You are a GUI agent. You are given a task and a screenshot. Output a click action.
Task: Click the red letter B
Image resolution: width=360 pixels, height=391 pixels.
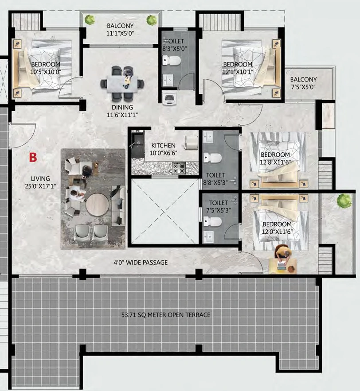pos(33,158)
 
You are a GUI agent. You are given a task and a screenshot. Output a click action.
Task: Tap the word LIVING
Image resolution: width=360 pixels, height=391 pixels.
pos(40,178)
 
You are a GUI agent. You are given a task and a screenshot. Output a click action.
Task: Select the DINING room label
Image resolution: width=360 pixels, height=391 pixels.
pos(122,108)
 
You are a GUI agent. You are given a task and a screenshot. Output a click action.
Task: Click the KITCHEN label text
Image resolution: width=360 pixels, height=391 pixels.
pos(163,145)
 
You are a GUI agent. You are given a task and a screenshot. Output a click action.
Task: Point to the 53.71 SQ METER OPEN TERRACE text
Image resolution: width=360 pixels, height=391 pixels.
pos(166,315)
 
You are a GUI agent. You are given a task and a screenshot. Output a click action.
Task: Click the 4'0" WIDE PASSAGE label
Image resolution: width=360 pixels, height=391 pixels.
pos(141,262)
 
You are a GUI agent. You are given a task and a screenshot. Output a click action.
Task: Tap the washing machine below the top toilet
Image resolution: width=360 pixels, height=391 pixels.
pos(168,97)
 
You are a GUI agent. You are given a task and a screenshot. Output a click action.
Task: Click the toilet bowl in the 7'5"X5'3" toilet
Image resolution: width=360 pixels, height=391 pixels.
pos(213,221)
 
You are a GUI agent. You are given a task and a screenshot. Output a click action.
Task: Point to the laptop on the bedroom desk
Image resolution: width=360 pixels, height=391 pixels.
pos(282,266)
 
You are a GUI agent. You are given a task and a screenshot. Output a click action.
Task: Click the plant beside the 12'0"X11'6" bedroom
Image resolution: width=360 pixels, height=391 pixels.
pos(344,201)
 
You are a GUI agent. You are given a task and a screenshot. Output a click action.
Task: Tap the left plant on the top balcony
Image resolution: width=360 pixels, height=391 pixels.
pos(90,19)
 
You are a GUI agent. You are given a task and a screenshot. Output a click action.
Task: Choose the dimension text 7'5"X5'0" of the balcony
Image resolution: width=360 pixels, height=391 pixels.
pos(303,87)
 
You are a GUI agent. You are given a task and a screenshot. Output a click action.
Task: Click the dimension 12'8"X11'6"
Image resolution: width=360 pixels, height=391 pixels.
pos(275,163)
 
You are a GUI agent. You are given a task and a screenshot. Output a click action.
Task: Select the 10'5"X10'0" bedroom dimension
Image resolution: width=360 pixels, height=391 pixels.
pos(46,72)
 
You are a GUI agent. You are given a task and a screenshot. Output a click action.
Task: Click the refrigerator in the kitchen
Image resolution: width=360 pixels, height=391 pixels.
pos(191,143)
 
